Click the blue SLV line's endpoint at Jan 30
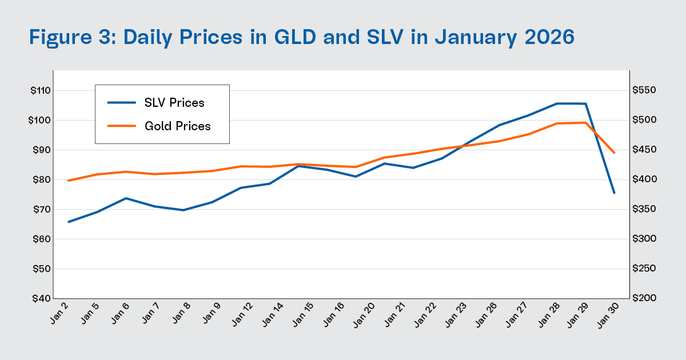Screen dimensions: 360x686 point(614,193)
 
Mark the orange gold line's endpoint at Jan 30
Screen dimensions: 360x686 point(614,153)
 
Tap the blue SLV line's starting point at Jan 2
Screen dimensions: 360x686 point(69,222)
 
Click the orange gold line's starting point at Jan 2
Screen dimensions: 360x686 point(69,181)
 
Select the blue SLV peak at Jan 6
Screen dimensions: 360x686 point(126,198)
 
